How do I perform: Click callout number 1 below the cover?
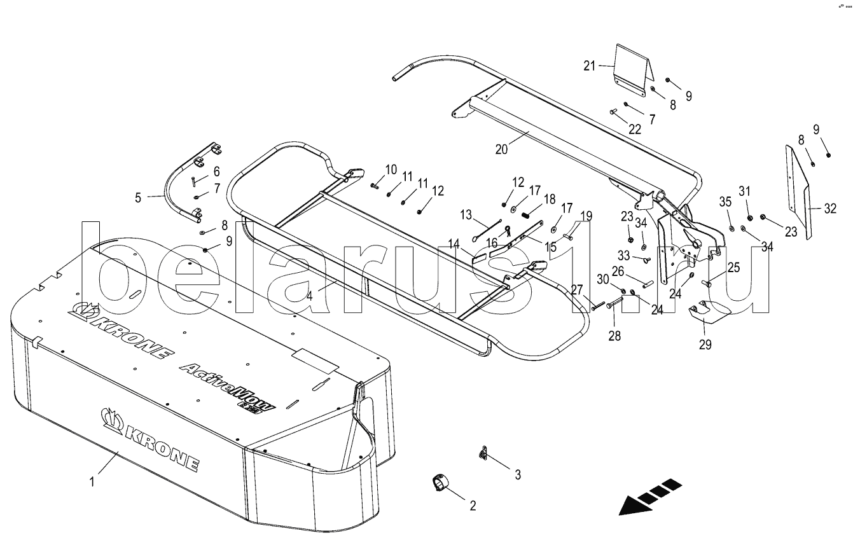92,482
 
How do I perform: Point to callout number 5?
138,197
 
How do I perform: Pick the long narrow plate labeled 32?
798,191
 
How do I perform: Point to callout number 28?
613,335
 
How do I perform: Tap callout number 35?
726,202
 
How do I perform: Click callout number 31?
745,191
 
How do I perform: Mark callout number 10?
391,169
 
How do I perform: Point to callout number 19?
586,215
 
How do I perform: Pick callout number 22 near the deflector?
635,129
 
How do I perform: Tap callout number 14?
454,243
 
